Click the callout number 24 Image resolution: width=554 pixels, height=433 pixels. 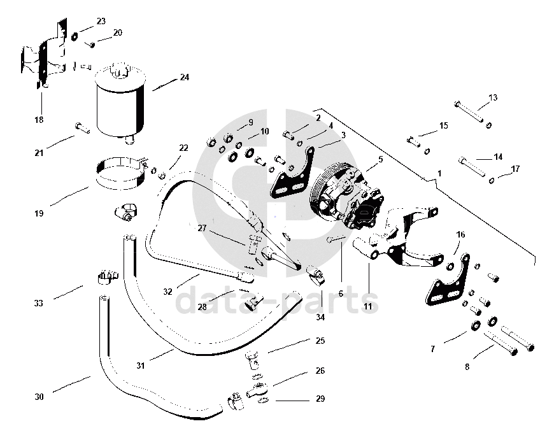[184, 78]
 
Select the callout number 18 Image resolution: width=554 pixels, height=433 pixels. [39, 120]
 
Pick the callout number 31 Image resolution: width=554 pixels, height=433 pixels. [141, 366]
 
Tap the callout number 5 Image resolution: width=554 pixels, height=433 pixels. [380, 160]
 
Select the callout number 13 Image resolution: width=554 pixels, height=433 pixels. [493, 98]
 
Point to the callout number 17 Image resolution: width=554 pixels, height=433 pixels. [515, 169]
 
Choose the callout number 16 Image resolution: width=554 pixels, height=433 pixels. [460, 234]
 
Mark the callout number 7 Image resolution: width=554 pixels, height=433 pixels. [432, 349]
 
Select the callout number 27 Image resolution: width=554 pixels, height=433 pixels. [202, 228]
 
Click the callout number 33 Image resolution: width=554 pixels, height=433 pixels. [39, 304]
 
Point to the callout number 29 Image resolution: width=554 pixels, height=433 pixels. [320, 399]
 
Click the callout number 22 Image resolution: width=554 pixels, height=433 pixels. [183, 148]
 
